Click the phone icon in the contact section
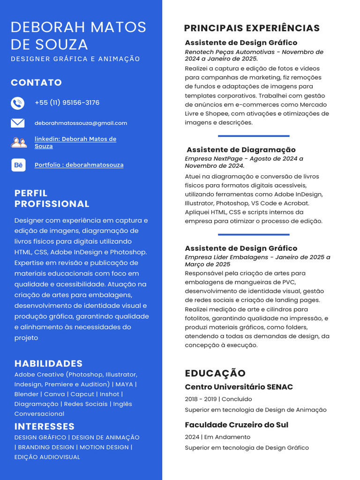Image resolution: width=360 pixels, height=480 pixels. click(17, 103)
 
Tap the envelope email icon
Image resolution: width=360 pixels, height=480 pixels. click(17, 123)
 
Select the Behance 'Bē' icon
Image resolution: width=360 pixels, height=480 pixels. click(18, 165)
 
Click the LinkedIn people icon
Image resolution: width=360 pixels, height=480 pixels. click(19, 142)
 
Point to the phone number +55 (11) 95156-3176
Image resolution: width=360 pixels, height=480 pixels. click(67, 103)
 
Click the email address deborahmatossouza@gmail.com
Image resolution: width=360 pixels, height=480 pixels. click(81, 123)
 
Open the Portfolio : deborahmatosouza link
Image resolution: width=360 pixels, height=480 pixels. click(79, 165)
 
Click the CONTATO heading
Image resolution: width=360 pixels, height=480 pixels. click(36, 82)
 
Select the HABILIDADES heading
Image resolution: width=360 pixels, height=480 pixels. click(48, 363)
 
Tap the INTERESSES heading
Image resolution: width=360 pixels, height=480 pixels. click(45, 426)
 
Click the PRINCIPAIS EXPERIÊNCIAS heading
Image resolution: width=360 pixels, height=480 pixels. click(252, 28)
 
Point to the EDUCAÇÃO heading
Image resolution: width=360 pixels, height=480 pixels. click(215, 373)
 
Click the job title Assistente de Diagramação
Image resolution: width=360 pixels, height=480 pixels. click(241, 150)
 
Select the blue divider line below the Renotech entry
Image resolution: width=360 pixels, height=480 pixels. click(254, 136)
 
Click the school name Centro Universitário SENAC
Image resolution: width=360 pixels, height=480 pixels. click(239, 387)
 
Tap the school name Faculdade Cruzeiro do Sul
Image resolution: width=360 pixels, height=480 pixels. click(236, 425)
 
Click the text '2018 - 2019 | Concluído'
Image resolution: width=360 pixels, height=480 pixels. click(218, 399)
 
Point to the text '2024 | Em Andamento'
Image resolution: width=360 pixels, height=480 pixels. click(217, 437)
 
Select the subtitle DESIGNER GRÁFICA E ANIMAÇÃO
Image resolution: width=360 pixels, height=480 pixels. click(75, 59)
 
